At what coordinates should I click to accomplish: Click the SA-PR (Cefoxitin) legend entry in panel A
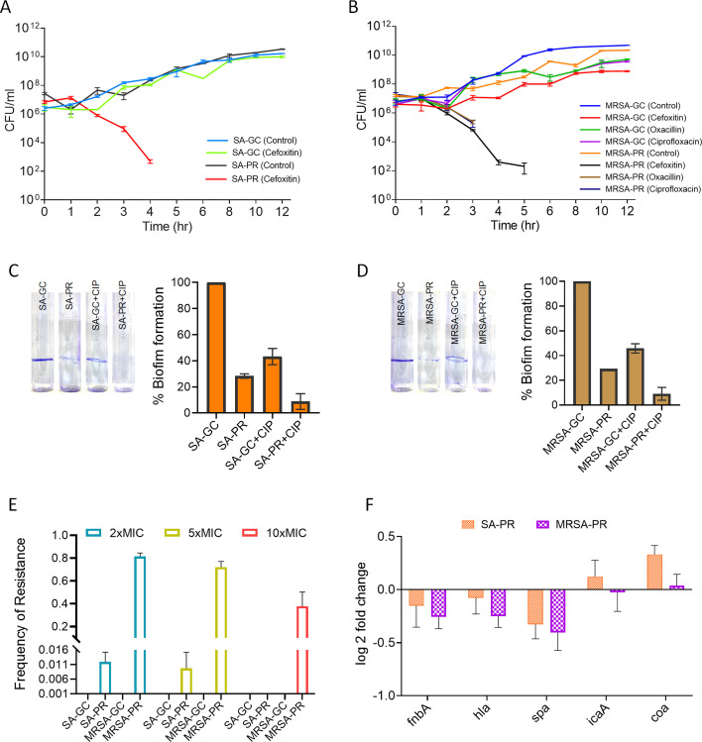(254, 179)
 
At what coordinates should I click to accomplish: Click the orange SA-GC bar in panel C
(216, 348)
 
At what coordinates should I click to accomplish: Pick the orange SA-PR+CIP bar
(300, 407)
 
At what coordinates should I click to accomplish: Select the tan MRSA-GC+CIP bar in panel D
(636, 376)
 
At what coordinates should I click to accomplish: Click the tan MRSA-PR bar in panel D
(608, 387)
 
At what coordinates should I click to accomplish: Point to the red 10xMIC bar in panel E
(302, 650)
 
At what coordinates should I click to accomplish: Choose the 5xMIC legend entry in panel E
(193, 533)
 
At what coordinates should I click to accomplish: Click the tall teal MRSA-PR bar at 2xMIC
(140, 625)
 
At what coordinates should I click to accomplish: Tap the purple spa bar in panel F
(557, 611)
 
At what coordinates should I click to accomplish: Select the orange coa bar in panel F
(654, 573)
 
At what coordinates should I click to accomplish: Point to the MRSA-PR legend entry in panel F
(572, 524)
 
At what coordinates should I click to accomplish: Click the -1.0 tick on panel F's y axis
(385, 695)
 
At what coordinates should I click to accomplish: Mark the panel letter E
(12, 504)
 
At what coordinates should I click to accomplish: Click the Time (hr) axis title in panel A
(168, 226)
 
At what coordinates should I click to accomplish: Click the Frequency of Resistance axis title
(20, 614)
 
